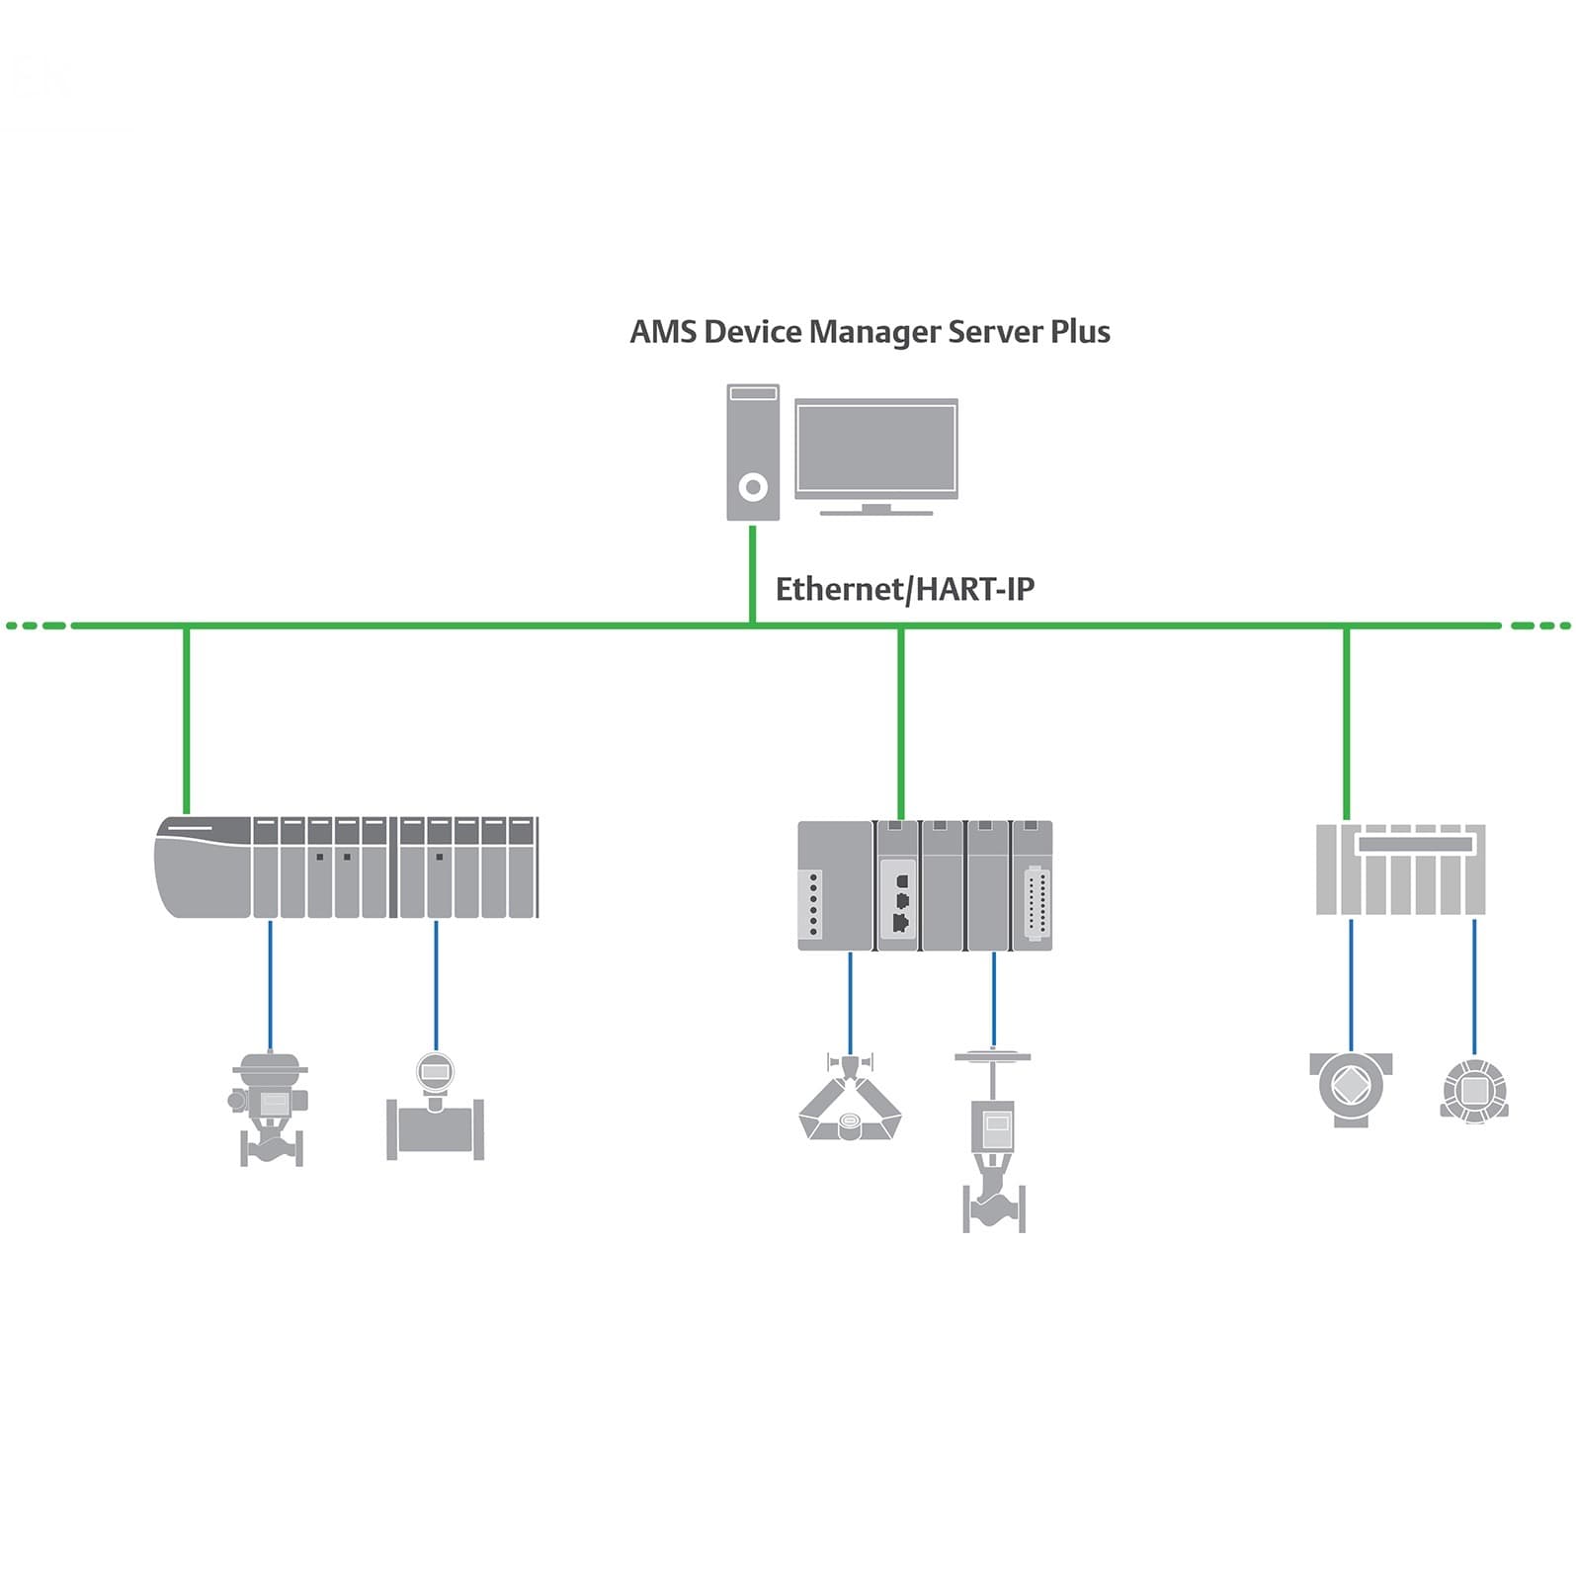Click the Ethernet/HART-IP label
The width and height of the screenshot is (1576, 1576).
[x=904, y=589]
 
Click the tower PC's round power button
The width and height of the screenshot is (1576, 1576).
[x=753, y=487]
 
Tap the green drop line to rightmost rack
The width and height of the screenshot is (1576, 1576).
[x=1346, y=721]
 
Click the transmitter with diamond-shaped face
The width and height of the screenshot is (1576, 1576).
[x=1351, y=1088]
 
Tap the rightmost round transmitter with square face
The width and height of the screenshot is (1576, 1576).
[x=1474, y=1091]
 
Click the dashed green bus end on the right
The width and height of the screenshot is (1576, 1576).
[x=1539, y=625]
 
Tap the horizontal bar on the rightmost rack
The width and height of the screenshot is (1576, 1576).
[x=1419, y=845]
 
